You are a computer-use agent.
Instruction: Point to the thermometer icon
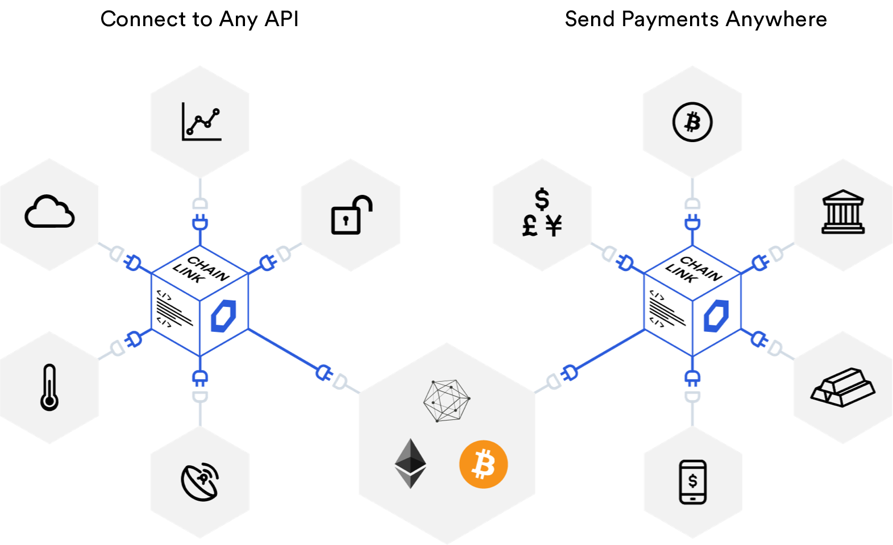point(49,387)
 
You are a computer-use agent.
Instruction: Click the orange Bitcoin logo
point(483,464)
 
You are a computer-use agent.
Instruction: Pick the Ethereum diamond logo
point(410,463)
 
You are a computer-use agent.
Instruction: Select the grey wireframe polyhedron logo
point(447,400)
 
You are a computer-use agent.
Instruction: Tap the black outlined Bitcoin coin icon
point(692,122)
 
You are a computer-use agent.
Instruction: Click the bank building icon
point(843,212)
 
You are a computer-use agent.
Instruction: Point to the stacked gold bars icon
point(843,387)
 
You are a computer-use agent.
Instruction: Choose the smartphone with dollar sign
point(693,482)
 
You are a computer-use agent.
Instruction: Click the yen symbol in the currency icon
point(554,226)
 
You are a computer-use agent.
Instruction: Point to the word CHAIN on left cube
point(208,268)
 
